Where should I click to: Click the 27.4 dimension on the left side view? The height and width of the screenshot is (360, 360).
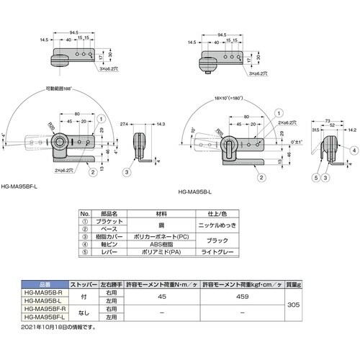(x=123, y=124)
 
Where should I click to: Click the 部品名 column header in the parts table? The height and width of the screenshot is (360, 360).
(x=112, y=214)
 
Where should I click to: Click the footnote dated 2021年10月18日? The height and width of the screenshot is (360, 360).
(x=58, y=325)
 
